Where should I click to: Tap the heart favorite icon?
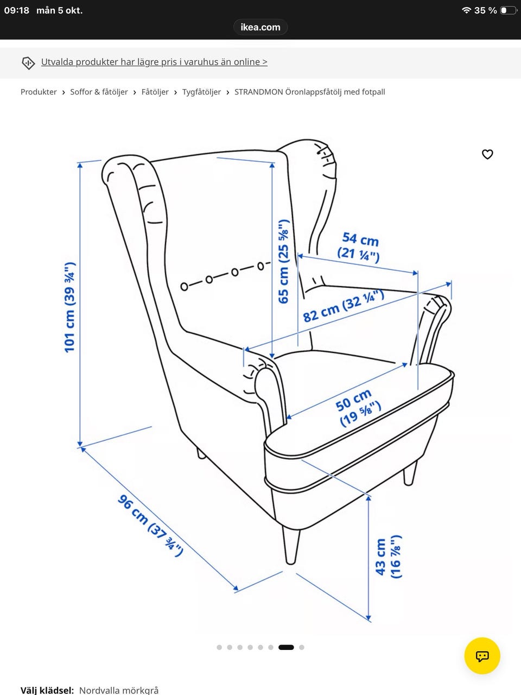point(487,154)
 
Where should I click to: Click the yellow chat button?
point(482,656)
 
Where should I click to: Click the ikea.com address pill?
point(260,27)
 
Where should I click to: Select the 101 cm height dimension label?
point(70,307)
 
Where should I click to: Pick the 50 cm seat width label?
point(358,408)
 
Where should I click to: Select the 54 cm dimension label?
point(359,247)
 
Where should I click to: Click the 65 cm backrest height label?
point(283,262)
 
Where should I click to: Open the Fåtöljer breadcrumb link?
point(155,92)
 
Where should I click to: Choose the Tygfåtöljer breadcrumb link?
point(201,92)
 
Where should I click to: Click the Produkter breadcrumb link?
point(39,92)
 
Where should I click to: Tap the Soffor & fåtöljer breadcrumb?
point(99,92)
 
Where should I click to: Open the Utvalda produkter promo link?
point(154,62)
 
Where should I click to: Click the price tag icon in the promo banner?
point(28,62)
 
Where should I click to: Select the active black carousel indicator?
point(286,647)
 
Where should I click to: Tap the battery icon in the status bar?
point(508,10)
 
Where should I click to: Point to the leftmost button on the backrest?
point(184,287)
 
